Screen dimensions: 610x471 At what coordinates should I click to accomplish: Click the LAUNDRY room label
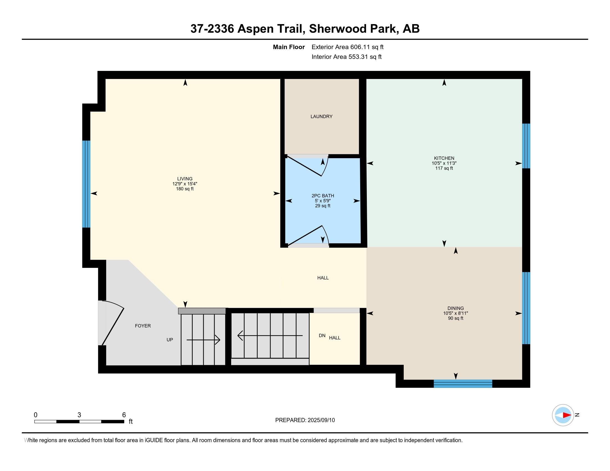[x=321, y=116]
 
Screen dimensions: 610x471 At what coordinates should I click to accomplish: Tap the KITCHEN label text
[x=444, y=158]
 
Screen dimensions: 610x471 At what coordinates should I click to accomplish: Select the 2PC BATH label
[x=322, y=196]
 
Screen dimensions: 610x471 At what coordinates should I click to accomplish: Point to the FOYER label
[x=143, y=326]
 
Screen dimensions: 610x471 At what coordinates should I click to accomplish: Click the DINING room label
[x=456, y=308]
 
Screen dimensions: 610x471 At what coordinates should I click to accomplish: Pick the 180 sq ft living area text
[x=185, y=189]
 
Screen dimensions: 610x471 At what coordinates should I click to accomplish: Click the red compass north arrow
[x=567, y=415]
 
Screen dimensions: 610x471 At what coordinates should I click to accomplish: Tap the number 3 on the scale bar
[x=79, y=415]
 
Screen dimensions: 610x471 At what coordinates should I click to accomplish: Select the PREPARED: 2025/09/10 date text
[x=305, y=420]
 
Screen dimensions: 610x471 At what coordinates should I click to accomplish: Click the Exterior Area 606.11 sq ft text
[x=347, y=47]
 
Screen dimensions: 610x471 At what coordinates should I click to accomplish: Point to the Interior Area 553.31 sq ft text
[x=346, y=57]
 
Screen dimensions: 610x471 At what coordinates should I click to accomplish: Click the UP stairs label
[x=170, y=340]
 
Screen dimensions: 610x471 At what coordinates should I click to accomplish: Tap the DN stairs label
[x=322, y=336]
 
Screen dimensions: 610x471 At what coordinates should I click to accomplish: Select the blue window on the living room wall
[x=86, y=184]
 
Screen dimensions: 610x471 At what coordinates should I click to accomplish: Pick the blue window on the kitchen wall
[x=526, y=146]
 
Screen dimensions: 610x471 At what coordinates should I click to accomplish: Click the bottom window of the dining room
[x=463, y=384]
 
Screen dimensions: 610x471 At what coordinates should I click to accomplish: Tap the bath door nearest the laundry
[x=307, y=166]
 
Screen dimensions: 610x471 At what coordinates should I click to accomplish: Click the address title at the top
[x=305, y=29]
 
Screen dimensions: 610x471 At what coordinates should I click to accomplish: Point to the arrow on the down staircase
[x=270, y=336]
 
